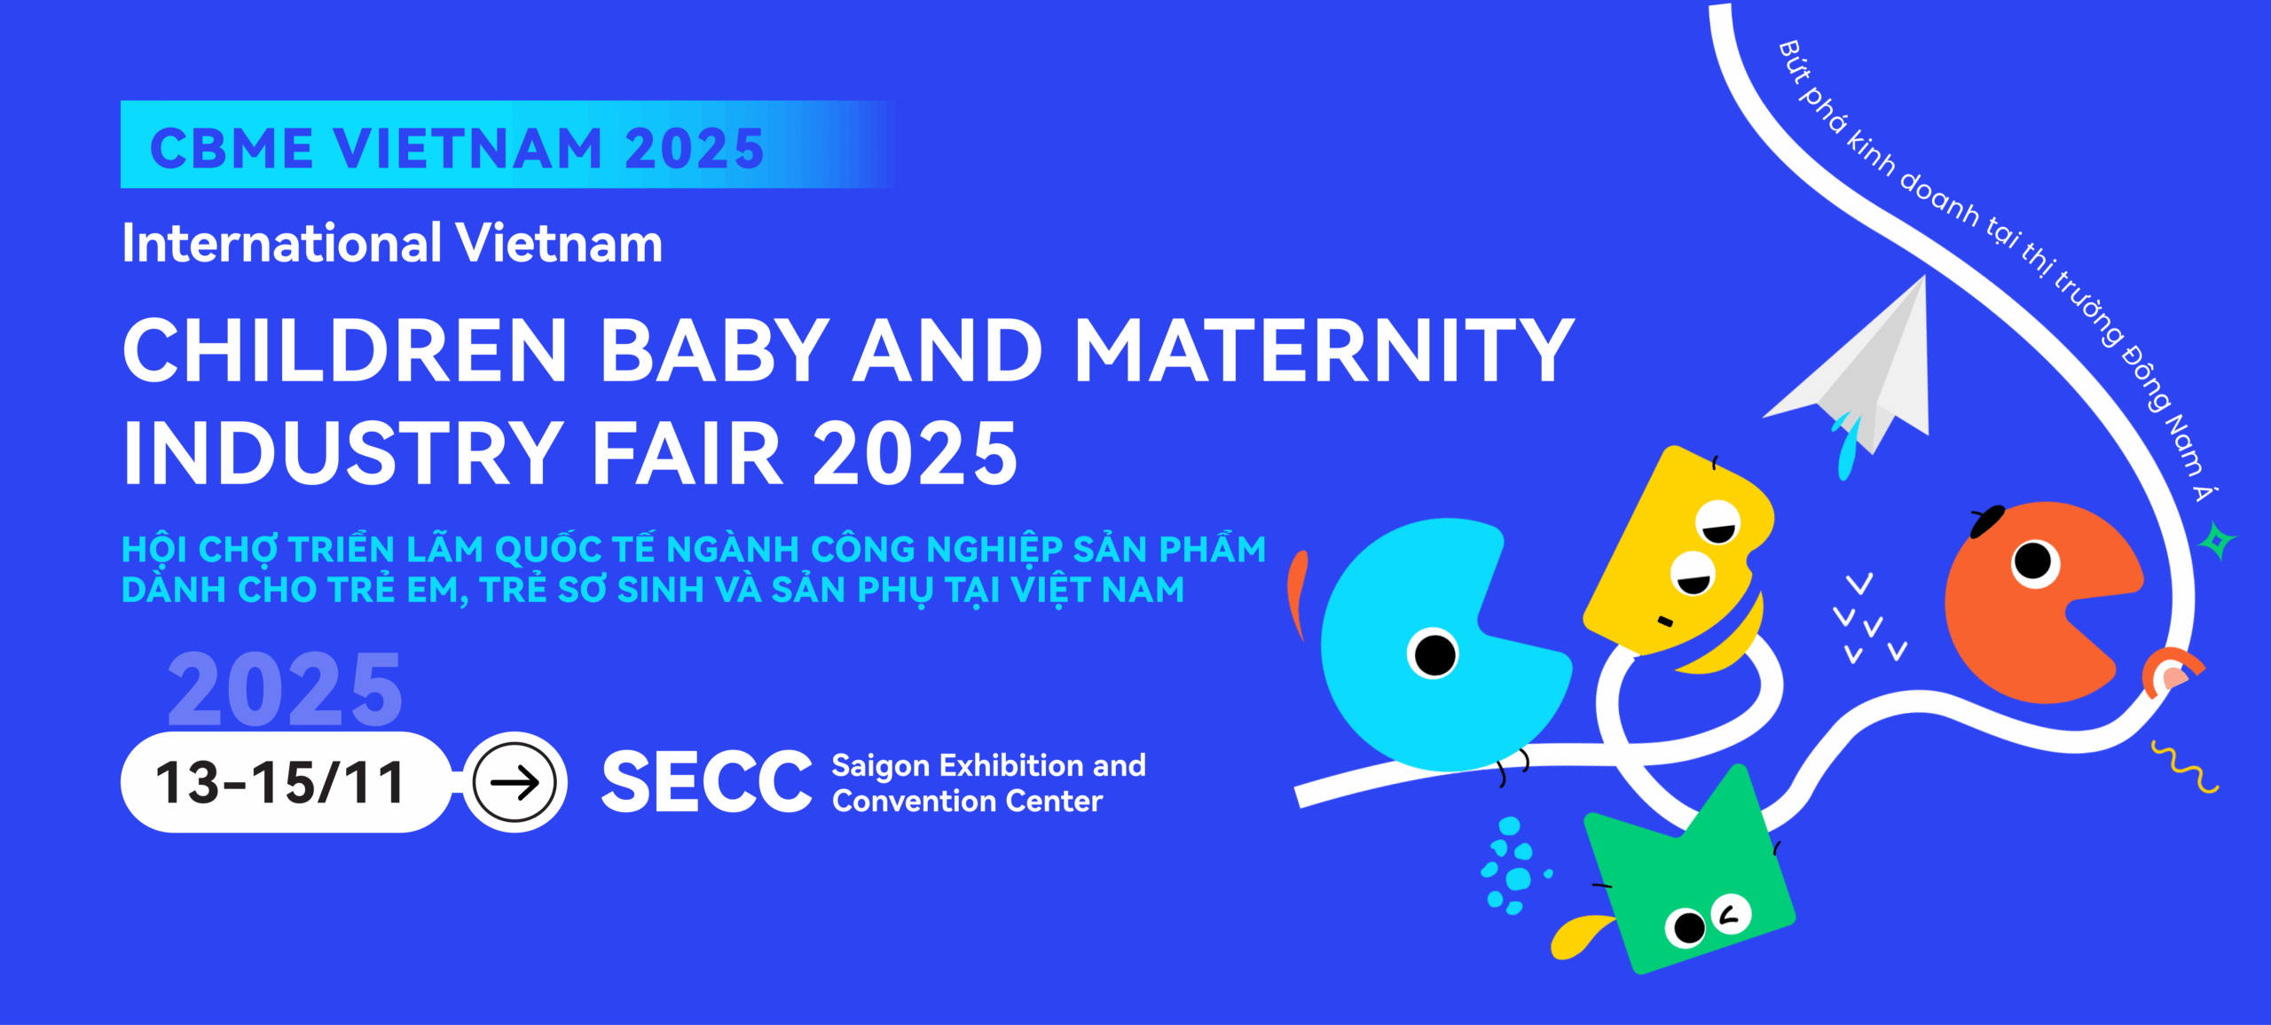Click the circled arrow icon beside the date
click(x=515, y=782)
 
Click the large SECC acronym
click(x=706, y=781)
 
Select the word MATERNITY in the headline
click(x=1324, y=350)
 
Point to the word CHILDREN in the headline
click(x=345, y=350)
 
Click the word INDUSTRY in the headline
click(x=342, y=453)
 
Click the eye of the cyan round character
click(x=1434, y=654)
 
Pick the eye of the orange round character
click(x=2033, y=561)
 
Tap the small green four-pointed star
click(x=2217, y=541)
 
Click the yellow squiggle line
click(x=2184, y=766)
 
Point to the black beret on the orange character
click(x=1987, y=520)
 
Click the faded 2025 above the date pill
click(x=285, y=689)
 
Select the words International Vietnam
click(x=392, y=243)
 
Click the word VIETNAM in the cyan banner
click(x=468, y=148)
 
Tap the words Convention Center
click(x=967, y=801)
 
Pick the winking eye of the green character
click(x=1731, y=913)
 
